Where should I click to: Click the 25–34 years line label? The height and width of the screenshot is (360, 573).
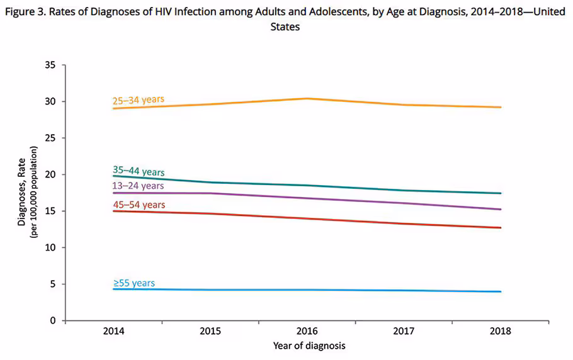click(139, 100)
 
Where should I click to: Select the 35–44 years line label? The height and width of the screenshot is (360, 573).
click(139, 171)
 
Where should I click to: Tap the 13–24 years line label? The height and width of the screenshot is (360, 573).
click(138, 186)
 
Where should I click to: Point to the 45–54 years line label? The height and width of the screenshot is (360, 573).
click(139, 205)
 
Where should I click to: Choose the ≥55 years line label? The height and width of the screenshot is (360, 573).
click(134, 283)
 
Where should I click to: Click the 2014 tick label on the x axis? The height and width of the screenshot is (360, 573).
click(113, 331)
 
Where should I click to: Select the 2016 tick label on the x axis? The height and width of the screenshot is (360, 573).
click(307, 331)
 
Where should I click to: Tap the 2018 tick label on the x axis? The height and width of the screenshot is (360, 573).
click(501, 331)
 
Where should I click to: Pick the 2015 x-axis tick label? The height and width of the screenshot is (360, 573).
click(210, 331)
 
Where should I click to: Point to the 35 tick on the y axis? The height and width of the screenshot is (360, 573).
click(50, 65)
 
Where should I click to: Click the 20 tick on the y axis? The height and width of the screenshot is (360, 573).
click(50, 174)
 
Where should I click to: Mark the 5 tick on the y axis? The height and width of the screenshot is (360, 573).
click(53, 284)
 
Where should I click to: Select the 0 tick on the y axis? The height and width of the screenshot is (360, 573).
click(53, 320)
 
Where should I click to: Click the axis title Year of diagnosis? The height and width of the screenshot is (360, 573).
click(309, 346)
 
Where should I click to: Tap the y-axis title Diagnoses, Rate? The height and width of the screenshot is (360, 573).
click(21, 192)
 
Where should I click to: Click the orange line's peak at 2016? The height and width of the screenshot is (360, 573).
click(307, 98)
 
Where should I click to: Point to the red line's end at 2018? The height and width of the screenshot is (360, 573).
click(501, 227)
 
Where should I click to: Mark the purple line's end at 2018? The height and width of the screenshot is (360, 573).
click(501, 209)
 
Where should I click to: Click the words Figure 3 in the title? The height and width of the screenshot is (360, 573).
click(25, 12)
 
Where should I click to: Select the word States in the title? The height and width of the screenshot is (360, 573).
click(285, 26)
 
